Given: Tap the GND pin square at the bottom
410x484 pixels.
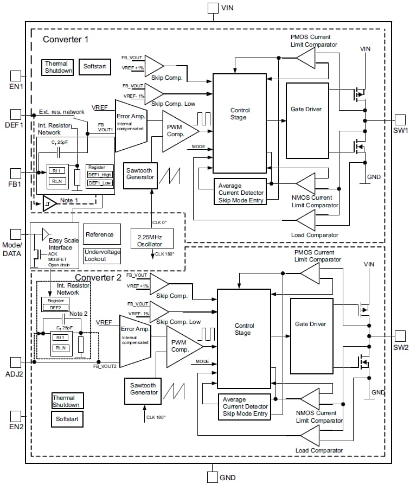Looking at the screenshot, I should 213,477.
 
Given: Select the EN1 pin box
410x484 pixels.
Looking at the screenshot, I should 16,75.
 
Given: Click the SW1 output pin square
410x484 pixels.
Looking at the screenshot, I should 400,120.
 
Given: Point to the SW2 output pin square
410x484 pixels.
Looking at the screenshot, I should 400,336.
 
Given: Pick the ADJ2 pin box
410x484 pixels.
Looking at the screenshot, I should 16,361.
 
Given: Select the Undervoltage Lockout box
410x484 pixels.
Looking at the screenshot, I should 102,256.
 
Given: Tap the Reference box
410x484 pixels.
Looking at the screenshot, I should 100,234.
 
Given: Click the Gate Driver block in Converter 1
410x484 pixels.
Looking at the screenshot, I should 307,120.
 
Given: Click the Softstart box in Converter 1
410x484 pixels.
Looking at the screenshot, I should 95,67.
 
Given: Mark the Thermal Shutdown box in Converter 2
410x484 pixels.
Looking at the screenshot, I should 66,402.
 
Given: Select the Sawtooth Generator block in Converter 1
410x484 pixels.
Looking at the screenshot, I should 140,175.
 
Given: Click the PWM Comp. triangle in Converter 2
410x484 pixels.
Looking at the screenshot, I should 182,346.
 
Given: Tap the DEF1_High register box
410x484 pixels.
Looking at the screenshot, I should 100,175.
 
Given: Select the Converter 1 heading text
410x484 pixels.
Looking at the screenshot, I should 65,39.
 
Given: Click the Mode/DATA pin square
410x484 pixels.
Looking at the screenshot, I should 16,234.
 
